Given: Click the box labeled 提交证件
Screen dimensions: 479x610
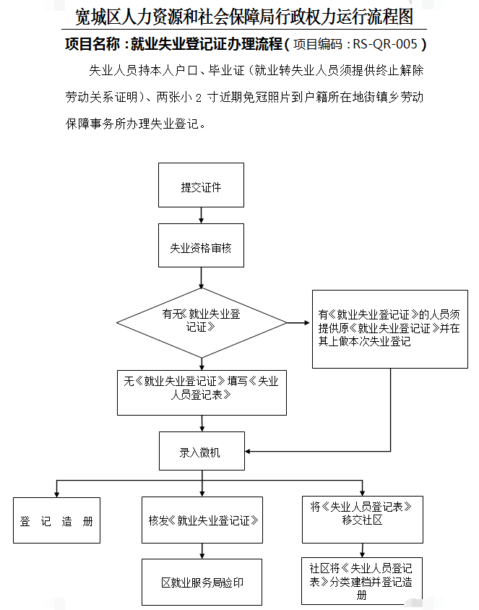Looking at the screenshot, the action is point(201,185).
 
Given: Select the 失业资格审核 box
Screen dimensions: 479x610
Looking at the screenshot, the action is point(201,246).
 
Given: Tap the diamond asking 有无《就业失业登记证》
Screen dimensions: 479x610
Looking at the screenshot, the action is point(202,323).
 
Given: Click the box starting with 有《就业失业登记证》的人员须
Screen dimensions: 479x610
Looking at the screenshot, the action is point(390,329).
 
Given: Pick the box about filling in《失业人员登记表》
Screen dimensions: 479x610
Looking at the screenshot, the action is point(202,393).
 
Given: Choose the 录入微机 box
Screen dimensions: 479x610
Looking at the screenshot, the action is point(202,451).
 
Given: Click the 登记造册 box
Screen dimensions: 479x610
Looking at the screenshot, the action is point(57,520).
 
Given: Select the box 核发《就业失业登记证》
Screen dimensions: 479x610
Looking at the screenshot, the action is point(202,520).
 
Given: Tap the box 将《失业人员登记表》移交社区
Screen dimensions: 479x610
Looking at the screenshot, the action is point(363,520).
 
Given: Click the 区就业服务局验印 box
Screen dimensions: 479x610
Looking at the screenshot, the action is point(202,582).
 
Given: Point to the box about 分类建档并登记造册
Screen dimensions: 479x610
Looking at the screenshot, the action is point(362,581).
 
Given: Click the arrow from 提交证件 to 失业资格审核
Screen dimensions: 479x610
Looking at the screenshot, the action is point(201,215).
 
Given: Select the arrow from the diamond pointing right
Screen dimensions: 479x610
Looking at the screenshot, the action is point(298,322).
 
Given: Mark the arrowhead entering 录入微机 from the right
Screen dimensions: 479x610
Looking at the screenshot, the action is point(248,451).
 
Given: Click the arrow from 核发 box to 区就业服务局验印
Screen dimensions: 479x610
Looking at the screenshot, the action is point(202,551).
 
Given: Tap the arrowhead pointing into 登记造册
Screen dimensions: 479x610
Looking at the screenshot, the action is point(57,494).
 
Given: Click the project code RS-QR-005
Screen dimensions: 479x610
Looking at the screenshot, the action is point(385,44).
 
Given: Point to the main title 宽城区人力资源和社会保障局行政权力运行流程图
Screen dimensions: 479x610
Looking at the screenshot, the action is point(243,17).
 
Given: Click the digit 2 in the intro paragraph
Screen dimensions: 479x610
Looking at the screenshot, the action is point(198,98).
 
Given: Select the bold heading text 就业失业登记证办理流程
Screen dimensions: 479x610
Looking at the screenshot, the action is point(206,44).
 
